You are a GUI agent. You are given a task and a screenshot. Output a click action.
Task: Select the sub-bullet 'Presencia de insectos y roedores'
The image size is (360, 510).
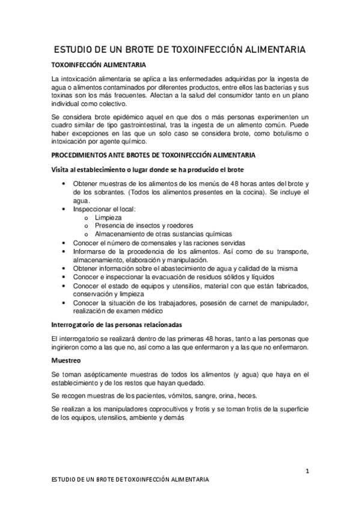coord(143,226)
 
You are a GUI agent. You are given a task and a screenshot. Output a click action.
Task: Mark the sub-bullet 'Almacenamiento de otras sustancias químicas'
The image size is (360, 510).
coord(163,234)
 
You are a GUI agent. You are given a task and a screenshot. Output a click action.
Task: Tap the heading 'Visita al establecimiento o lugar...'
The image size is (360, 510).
coord(148,170)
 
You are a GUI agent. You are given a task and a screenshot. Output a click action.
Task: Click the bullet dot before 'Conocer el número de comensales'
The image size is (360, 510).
coord(64,242)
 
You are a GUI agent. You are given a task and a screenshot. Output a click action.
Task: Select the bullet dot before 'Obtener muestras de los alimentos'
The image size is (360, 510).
coord(64,183)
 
